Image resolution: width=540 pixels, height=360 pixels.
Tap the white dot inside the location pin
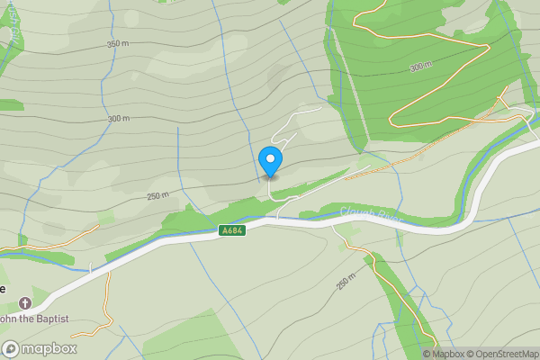(x=270, y=159)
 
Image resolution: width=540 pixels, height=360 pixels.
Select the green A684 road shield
(x=231, y=231)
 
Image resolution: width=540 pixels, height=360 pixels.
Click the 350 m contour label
(x=118, y=44)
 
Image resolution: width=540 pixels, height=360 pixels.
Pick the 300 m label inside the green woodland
(x=420, y=67)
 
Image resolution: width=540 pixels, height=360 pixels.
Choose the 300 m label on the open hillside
(x=118, y=118)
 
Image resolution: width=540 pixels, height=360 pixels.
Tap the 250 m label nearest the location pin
(x=157, y=196)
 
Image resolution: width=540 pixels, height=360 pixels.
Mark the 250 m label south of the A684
(x=347, y=283)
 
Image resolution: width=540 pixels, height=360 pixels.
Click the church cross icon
(x=24, y=303)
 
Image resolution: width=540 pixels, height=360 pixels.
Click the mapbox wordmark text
(x=49, y=349)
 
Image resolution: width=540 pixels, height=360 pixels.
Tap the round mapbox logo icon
(x=11, y=349)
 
